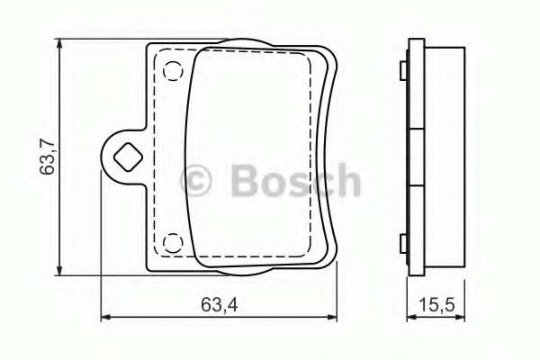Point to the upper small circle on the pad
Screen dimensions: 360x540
pos(173,68)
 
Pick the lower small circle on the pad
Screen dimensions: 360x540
pos(172,243)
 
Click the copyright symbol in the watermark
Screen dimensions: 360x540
pos(198,181)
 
